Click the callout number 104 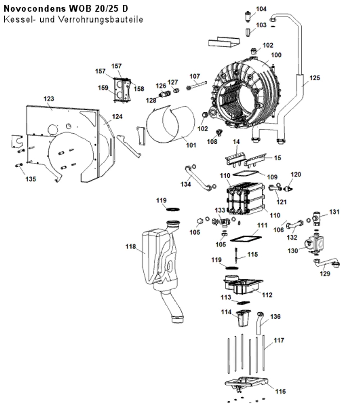click(261, 9)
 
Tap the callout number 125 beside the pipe click(315, 78)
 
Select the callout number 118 click(131, 247)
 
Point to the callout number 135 click(31, 179)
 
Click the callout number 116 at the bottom click(280, 392)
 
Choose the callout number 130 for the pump click(293, 251)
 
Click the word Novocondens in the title click(35, 9)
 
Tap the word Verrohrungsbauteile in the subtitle click(101, 19)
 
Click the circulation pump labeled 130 click(314, 243)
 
